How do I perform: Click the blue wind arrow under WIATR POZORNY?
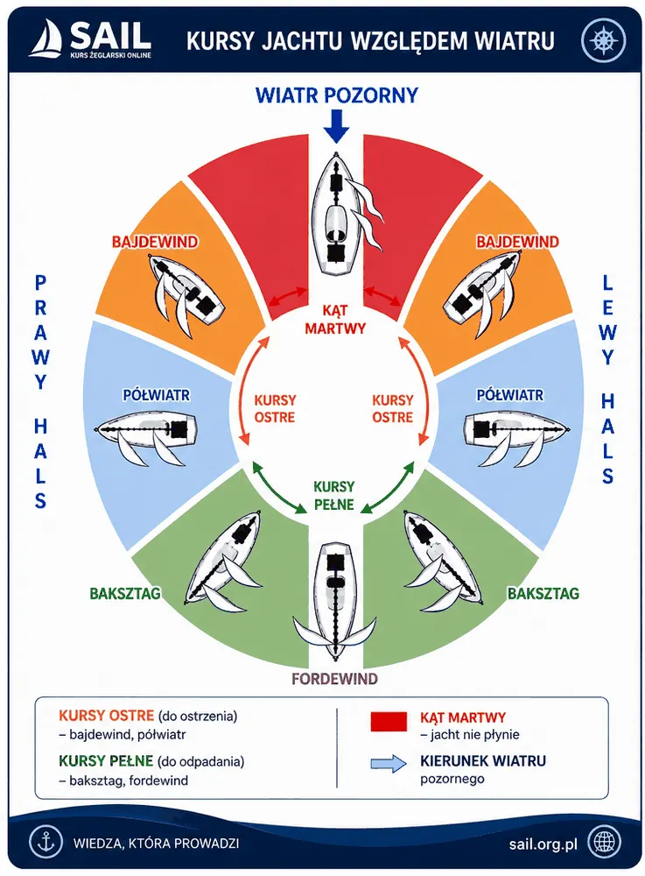[336, 126]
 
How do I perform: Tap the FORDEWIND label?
[335, 679]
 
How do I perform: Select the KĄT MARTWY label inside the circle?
[335, 319]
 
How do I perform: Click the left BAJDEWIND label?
[155, 242]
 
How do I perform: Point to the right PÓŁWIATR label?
[509, 395]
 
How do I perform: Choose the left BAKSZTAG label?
[125, 593]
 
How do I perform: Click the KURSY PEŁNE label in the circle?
[333, 496]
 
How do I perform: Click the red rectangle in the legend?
[389, 721]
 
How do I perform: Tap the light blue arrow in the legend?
[389, 763]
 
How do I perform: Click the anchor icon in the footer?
[46, 841]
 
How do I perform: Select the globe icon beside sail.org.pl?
[606, 841]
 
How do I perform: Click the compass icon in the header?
[603, 41]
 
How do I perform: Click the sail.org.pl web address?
[543, 844]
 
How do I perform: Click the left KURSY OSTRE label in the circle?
[275, 408]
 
